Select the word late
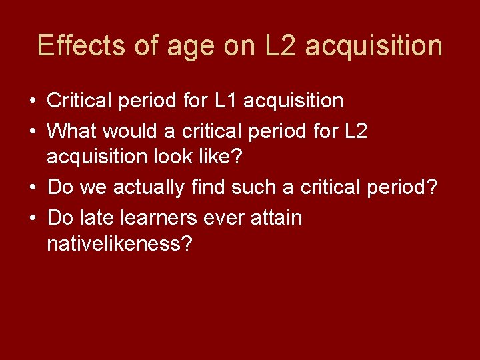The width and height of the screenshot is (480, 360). [91, 217]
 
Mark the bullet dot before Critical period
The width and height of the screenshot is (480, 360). [32, 102]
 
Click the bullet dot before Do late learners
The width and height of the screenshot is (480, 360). [32, 218]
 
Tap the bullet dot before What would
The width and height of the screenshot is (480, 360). [32, 131]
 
